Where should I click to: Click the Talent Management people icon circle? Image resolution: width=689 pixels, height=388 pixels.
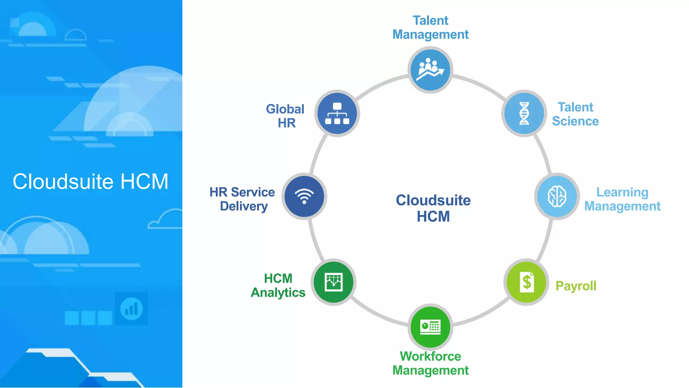(x=430, y=70)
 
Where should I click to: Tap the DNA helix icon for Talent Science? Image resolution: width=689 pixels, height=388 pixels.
(x=524, y=113)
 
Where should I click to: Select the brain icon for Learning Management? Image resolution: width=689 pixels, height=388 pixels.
(x=557, y=196)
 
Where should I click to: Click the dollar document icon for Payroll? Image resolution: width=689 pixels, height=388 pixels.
(x=527, y=282)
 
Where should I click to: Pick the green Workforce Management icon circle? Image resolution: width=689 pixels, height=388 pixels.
(x=430, y=327)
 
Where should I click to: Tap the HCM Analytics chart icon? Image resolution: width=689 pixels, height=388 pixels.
(x=333, y=282)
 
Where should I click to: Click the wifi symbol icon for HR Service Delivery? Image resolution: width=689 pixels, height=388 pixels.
(x=304, y=196)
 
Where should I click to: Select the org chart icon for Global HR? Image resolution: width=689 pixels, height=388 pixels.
(x=337, y=113)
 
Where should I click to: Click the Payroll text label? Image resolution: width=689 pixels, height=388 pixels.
(x=576, y=286)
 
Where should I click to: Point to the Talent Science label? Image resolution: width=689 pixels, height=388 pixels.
(x=575, y=114)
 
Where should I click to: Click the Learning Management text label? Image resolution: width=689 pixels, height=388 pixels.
(x=622, y=199)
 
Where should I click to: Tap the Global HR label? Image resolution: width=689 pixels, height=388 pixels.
(x=285, y=116)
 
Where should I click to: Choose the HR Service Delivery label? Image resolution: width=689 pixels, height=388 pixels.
(x=242, y=199)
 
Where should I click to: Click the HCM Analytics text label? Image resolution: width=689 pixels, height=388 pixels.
(x=278, y=286)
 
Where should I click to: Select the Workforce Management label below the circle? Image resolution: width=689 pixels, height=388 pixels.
(x=430, y=363)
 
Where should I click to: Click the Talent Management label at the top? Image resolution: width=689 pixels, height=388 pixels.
(x=430, y=28)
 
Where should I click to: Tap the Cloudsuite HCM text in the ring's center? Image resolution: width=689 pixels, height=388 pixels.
(x=433, y=208)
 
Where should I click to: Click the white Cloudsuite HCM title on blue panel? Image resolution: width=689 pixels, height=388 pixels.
(x=90, y=182)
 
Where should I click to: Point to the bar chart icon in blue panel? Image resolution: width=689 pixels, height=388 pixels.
(x=131, y=309)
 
